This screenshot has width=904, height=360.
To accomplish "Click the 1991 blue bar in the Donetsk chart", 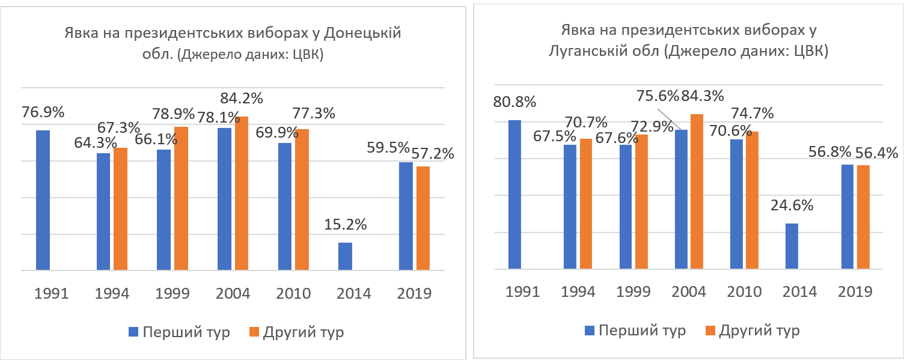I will tap(43, 200).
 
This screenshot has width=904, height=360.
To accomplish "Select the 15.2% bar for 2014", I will tap(345, 256).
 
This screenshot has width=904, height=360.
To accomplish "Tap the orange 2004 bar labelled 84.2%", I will tap(242, 193).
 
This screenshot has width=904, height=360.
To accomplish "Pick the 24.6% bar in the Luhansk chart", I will tap(792, 246).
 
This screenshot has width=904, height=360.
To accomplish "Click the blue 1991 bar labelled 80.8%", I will tap(515, 195).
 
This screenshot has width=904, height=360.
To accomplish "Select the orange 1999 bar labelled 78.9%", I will tap(181, 198).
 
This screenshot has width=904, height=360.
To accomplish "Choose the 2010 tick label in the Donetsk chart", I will tap(293, 294).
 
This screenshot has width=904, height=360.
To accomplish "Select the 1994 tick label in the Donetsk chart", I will tap(112, 294).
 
